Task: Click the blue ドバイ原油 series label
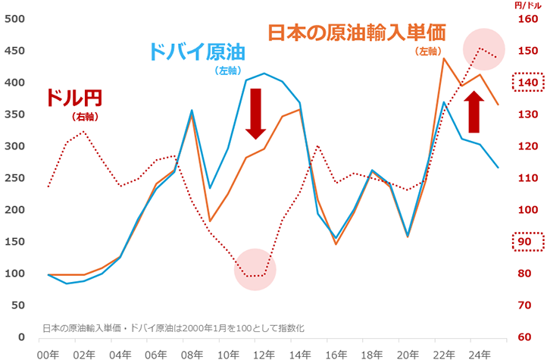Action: tap(198, 52)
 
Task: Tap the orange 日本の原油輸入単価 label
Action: tap(355, 33)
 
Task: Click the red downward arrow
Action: tap(255, 113)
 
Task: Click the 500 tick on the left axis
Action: tap(14, 18)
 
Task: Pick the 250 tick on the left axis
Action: tap(14, 177)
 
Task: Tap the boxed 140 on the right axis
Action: tap(528, 82)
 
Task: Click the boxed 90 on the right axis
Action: tap(528, 242)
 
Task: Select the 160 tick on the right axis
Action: tap(527, 18)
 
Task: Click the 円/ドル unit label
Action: tap(524, 5)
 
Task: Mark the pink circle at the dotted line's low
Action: tap(255, 270)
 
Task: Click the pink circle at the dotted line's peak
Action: tap(483, 49)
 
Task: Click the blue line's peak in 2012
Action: tap(264, 74)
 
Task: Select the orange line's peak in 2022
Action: tap(443, 58)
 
